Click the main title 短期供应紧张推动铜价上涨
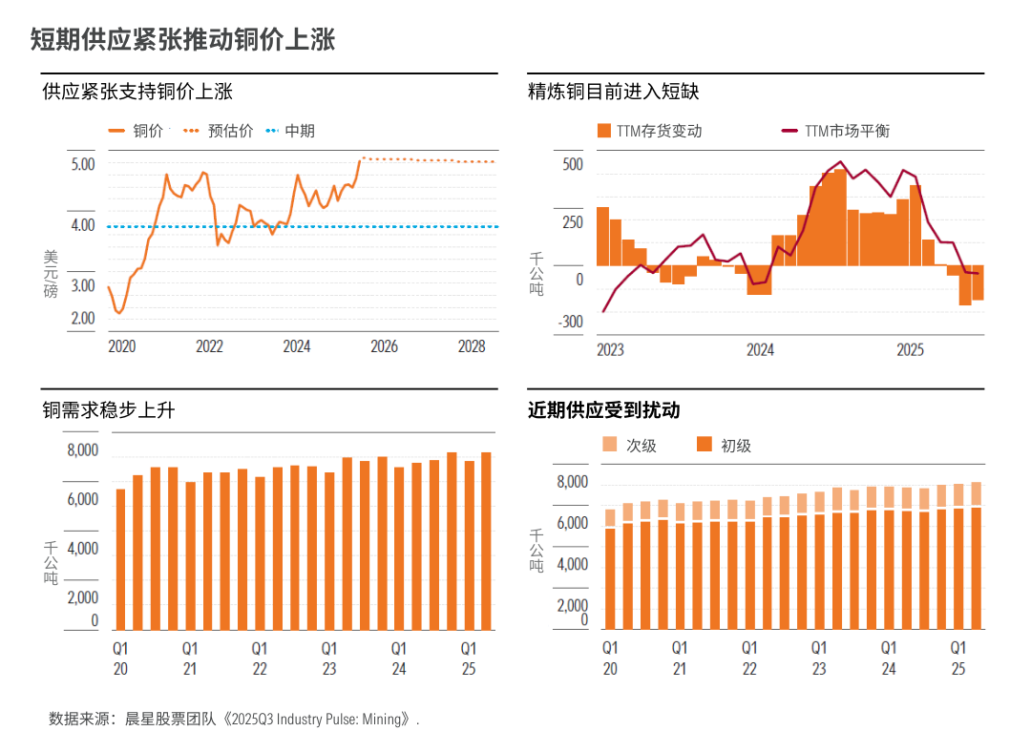tap(182, 39)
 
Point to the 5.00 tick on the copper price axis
tap(83, 164)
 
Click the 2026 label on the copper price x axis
tap(384, 346)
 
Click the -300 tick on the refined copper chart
tap(571, 323)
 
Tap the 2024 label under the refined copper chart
tap(760, 349)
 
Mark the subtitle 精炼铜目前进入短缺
tap(613, 92)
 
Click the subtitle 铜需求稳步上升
tap(109, 410)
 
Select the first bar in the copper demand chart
tap(120, 559)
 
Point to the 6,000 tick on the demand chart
tap(83, 499)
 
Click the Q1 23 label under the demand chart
tap(328, 658)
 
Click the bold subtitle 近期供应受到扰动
tap(603, 410)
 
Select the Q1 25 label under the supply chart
tap(958, 658)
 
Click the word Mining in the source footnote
tap(381, 720)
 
